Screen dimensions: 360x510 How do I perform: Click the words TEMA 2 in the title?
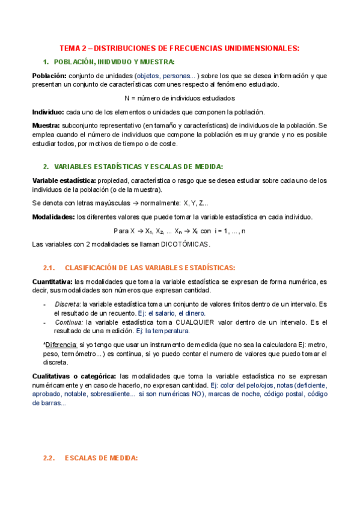tap(75, 48)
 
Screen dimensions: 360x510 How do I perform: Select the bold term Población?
tap(49, 76)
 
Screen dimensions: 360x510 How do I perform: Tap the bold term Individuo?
tap(48, 112)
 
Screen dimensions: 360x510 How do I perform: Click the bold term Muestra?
tap(47, 125)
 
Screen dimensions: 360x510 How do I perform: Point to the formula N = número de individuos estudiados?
tap(179, 98)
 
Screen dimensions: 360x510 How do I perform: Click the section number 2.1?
tap(49, 267)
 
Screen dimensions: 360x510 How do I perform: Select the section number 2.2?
tap(49, 458)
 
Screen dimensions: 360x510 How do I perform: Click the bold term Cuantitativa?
tap(52, 281)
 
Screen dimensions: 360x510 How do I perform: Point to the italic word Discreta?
tap(68, 304)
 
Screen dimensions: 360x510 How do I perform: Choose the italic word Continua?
tap(69, 322)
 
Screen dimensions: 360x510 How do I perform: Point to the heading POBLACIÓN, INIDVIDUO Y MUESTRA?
tap(114, 62)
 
